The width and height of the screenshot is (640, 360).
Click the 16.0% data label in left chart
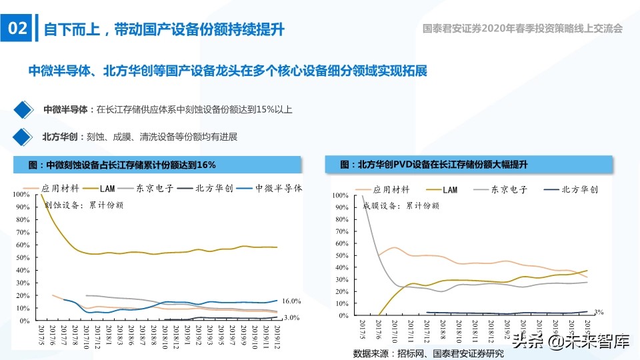pyautogui.click(x=291, y=301)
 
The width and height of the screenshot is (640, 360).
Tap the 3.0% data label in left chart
pyautogui.click(x=291, y=318)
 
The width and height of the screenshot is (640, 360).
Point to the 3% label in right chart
pyautogui.click(x=598, y=311)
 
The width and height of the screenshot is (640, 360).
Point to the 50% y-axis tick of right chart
pyautogui.click(x=339, y=255)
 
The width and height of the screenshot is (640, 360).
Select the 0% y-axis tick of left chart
pyautogui.click(x=24, y=321)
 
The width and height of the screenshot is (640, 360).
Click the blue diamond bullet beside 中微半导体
pyautogui.click(x=23, y=109)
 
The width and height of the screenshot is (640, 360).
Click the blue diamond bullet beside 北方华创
pyautogui.click(x=23, y=137)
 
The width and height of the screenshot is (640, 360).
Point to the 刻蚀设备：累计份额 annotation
pyautogui.click(x=83, y=205)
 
